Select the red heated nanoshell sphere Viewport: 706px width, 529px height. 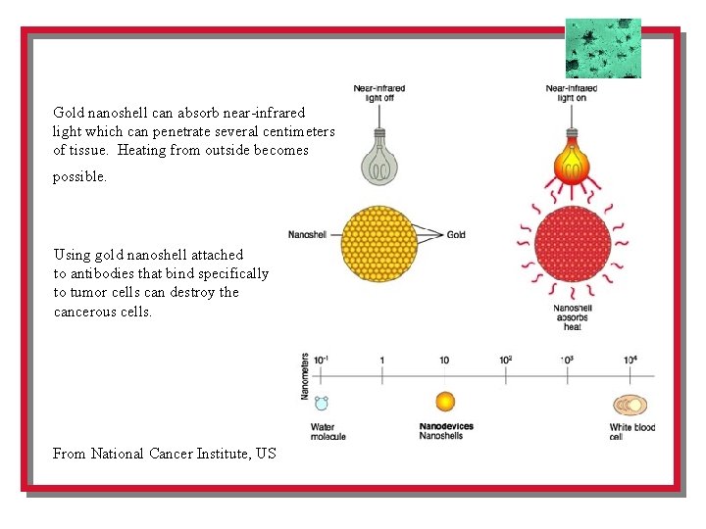569,244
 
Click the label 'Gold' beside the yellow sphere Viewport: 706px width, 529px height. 456,235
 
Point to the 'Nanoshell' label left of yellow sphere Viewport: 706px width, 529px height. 307,235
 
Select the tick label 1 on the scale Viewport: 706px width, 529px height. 382,361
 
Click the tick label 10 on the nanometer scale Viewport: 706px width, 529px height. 444,361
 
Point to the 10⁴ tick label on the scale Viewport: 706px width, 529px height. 630,360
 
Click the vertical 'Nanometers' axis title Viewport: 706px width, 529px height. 306,376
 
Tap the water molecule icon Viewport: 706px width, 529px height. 322,403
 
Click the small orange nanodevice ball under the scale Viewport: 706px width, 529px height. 445,401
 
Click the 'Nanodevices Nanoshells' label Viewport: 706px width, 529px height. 447,431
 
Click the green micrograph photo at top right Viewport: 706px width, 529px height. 603,48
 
